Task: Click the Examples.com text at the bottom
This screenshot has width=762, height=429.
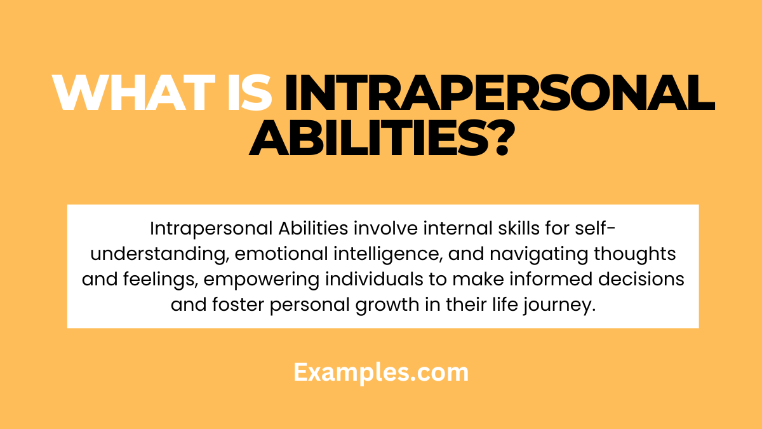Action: coord(381,372)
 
